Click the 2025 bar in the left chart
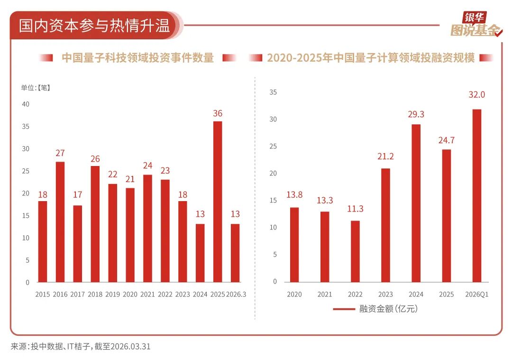coord(218,202)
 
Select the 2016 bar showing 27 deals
coord(60,222)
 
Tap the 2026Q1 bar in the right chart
coord(477,196)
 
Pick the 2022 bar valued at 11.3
coord(355,251)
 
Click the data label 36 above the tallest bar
coord(218,113)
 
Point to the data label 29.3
coord(416,114)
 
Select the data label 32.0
coord(477,95)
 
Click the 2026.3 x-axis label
coord(236,295)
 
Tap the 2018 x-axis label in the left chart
coord(95,295)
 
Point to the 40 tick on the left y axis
coord(26,104)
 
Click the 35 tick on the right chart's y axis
coord(273,92)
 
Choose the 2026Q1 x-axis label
coord(477,295)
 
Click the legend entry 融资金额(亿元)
coord(375,309)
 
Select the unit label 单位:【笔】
coord(36,88)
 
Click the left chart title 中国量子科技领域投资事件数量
coord(138,58)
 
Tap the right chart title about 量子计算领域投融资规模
coord(371,58)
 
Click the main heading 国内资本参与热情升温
coord(94,26)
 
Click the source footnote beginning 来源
coord(81,346)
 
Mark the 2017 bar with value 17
coord(77,244)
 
